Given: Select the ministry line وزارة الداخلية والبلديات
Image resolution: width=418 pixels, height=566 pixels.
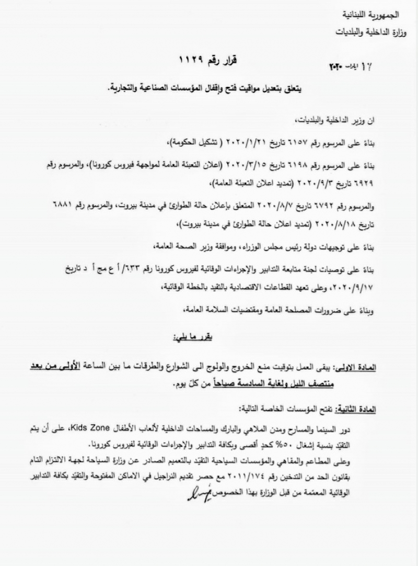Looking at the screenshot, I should [x=366, y=32].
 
